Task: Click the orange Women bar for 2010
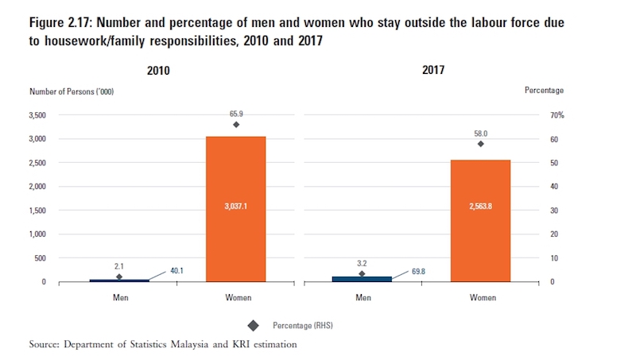pyautogui.click(x=236, y=208)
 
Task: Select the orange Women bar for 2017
pyautogui.click(x=480, y=220)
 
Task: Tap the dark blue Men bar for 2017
pyautogui.click(x=362, y=279)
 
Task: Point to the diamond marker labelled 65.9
pyautogui.click(x=236, y=125)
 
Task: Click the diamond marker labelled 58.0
pyautogui.click(x=480, y=144)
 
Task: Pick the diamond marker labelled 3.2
pyautogui.click(x=362, y=273)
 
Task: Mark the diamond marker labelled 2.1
pyautogui.click(x=118, y=277)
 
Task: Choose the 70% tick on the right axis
pyautogui.click(x=556, y=115)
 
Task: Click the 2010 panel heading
pyautogui.click(x=159, y=71)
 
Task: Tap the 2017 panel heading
pyautogui.click(x=433, y=71)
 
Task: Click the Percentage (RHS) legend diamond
pyautogui.click(x=253, y=324)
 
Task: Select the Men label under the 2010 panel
pyautogui.click(x=118, y=298)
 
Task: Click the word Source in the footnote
pyautogui.click(x=44, y=344)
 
